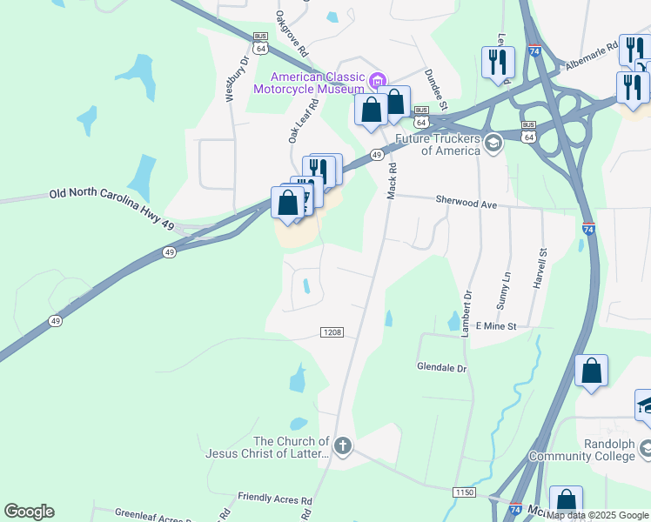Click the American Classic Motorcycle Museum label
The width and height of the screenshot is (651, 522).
point(309,82)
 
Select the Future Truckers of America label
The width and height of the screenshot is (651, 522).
point(438,144)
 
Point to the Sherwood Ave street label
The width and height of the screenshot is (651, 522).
point(471,204)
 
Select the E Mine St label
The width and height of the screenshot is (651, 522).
point(496,326)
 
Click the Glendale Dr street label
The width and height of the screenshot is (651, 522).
point(442,368)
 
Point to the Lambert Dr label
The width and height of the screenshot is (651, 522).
point(467,307)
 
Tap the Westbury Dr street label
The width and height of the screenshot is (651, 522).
point(232,79)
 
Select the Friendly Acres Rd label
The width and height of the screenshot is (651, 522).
point(275,499)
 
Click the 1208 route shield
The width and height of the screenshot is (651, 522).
point(332,332)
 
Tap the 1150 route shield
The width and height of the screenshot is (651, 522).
point(464,492)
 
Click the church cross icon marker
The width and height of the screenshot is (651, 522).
point(343,447)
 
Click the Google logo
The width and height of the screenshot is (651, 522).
point(29,512)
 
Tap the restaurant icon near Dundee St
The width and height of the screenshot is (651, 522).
point(498,62)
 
